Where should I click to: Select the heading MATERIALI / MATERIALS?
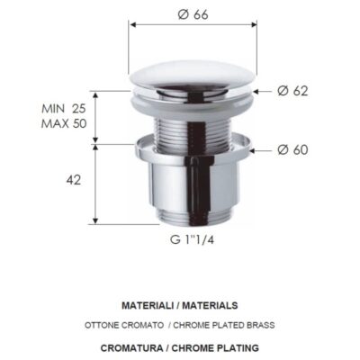point(179,306)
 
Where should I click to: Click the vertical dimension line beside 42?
point(96,180)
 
